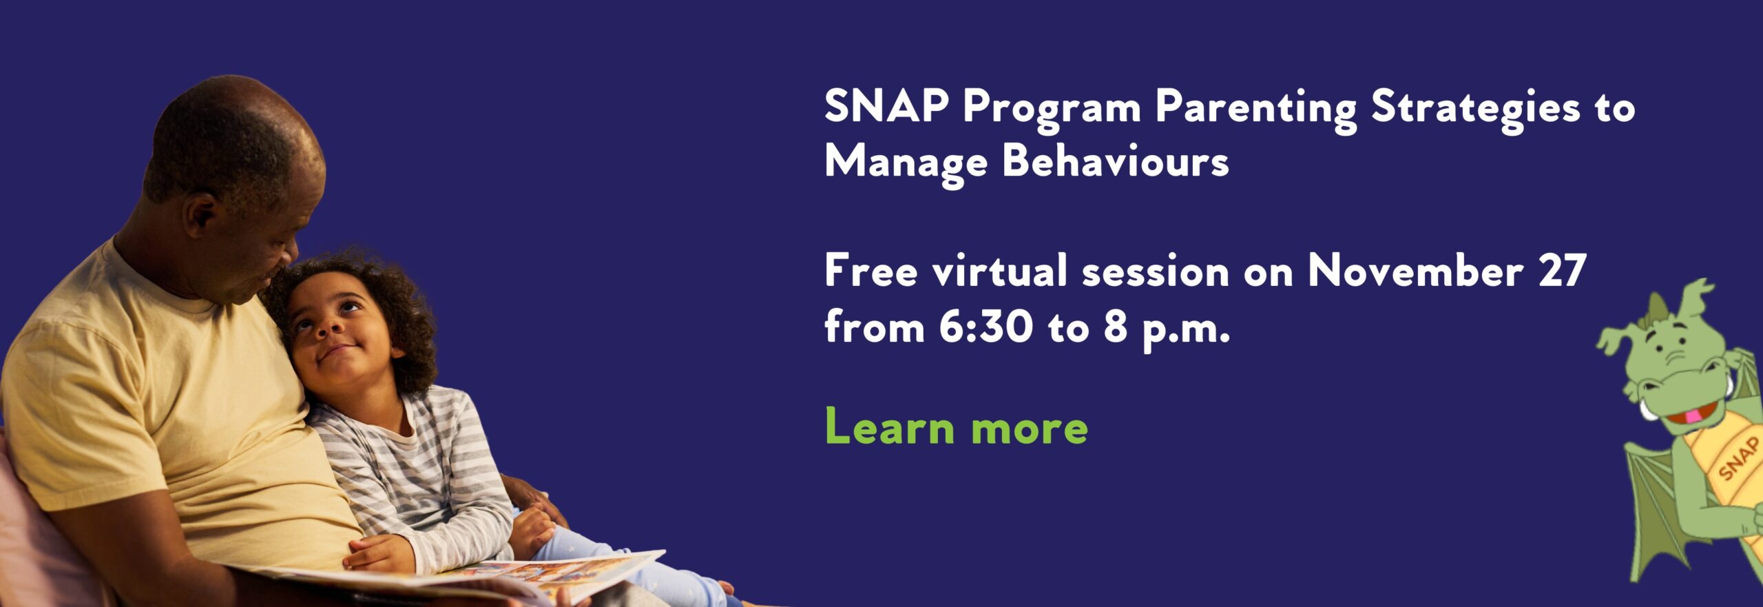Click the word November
pos(1415,269)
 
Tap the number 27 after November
pos(1563,269)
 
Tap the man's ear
pos(200,216)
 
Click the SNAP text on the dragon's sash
pos(1738,458)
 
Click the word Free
pos(871,269)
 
